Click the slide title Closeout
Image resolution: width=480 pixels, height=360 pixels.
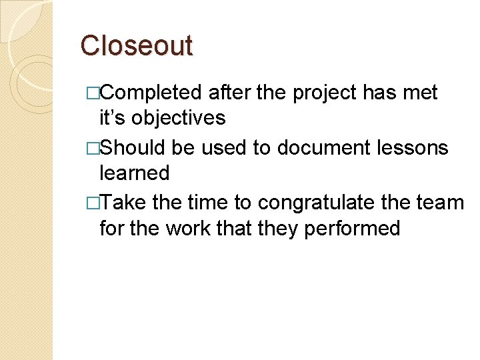pyautogui.click(x=136, y=45)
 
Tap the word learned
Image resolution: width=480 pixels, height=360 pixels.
pyautogui.click(x=134, y=173)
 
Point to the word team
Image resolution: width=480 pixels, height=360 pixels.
pyautogui.click(x=441, y=201)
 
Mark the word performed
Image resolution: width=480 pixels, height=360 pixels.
pyautogui.click(x=351, y=229)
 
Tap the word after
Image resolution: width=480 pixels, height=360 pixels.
pyautogui.click(x=229, y=92)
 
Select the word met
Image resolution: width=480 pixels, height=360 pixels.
pyautogui.click(x=421, y=92)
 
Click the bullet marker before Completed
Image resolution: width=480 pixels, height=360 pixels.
pyautogui.click(x=92, y=93)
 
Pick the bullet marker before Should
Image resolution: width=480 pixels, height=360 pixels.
pyautogui.click(x=92, y=147)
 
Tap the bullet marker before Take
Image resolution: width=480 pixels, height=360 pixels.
pyautogui.click(x=92, y=202)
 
